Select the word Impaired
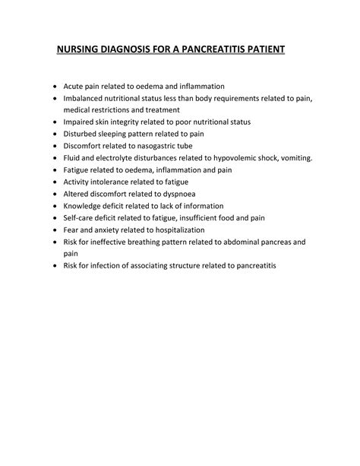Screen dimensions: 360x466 click(81, 122)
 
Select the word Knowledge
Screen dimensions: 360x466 click(86, 206)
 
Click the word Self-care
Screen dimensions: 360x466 click(81, 218)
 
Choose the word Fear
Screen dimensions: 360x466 click(72, 230)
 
